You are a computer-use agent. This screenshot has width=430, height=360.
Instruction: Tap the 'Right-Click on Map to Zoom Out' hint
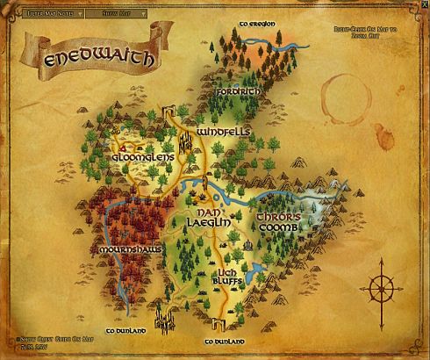point(374,32)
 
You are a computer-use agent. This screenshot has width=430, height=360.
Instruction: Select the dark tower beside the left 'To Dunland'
point(161,315)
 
